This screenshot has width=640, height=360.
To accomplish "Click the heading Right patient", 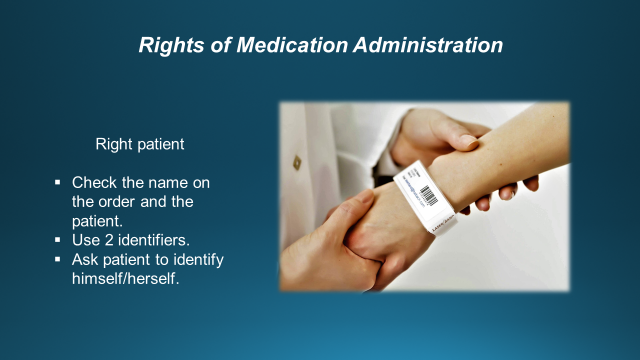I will click(x=140, y=144).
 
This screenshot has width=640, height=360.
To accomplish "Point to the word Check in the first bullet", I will click(x=94, y=184).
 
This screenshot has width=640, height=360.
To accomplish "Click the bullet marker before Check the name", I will click(x=59, y=184).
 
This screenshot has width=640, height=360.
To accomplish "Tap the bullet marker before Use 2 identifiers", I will click(x=59, y=241).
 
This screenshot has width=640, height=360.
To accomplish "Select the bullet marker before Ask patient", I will click(x=59, y=260).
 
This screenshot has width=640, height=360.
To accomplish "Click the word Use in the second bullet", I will click(x=87, y=241).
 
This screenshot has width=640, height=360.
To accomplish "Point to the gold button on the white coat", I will click(x=297, y=160).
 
